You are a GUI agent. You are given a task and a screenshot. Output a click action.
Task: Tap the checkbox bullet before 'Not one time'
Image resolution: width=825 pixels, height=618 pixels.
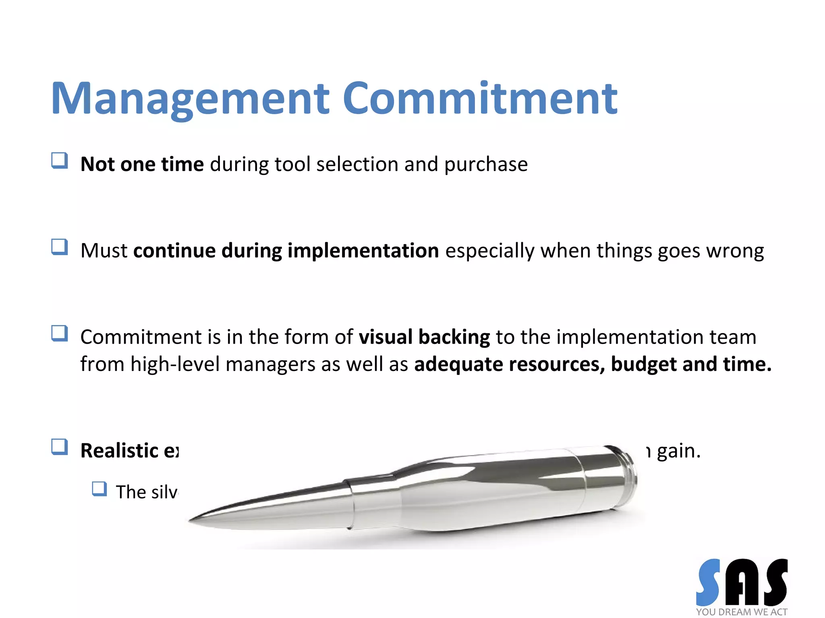click(x=60, y=161)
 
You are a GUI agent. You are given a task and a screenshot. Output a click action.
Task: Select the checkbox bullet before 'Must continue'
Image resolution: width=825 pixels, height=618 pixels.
click(x=60, y=247)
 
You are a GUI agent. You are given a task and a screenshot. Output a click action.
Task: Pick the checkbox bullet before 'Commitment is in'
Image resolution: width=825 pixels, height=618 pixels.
click(x=60, y=333)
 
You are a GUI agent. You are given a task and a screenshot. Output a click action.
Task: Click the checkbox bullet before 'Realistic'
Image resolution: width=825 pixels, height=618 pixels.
click(x=60, y=447)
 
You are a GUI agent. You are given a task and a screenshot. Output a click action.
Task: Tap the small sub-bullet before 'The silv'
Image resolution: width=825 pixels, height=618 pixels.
click(x=99, y=489)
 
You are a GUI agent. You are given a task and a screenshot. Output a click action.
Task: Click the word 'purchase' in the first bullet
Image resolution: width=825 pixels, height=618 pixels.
click(x=486, y=165)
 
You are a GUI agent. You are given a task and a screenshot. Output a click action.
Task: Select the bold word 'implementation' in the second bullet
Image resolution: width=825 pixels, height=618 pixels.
click(x=363, y=251)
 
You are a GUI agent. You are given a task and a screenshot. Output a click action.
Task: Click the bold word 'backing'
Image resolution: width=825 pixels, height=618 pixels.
click(x=454, y=337)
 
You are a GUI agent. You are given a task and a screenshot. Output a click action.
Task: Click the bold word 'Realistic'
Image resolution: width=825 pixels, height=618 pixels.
click(x=120, y=451)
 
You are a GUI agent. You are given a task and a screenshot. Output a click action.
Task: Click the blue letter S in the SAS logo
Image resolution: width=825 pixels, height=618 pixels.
click(x=709, y=582)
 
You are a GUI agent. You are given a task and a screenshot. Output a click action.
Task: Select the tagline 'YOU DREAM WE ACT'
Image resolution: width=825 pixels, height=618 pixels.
click(x=742, y=612)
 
